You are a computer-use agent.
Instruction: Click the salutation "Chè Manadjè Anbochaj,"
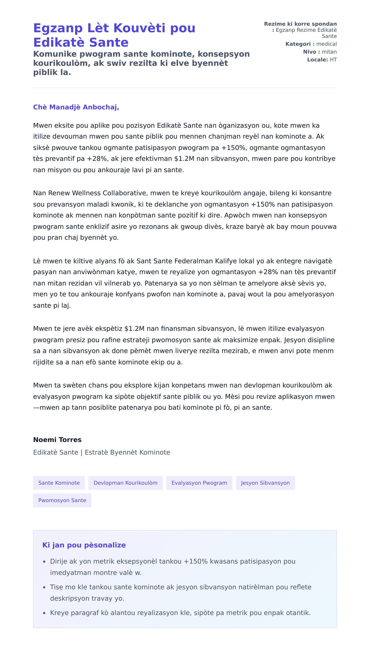[x=76, y=107]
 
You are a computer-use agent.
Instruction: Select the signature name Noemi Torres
[x=57, y=440]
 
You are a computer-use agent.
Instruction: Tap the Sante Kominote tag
[x=59, y=483]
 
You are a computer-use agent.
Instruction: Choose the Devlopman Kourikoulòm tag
[x=125, y=483]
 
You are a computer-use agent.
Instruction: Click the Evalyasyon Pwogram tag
[x=199, y=483]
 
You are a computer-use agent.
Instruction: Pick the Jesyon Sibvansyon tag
[x=265, y=483]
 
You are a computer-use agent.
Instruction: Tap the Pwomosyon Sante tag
[x=62, y=500]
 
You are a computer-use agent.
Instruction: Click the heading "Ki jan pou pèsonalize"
[x=84, y=545]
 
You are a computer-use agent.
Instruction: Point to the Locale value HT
[x=333, y=60]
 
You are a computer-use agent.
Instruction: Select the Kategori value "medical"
[x=327, y=44]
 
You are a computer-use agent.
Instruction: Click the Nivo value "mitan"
[x=329, y=52]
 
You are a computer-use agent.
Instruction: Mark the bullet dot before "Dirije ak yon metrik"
[x=44, y=562]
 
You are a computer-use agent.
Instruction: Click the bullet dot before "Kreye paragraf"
[x=44, y=613]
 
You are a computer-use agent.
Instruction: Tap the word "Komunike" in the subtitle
[x=55, y=54]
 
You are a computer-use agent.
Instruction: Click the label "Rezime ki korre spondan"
[x=300, y=24]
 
